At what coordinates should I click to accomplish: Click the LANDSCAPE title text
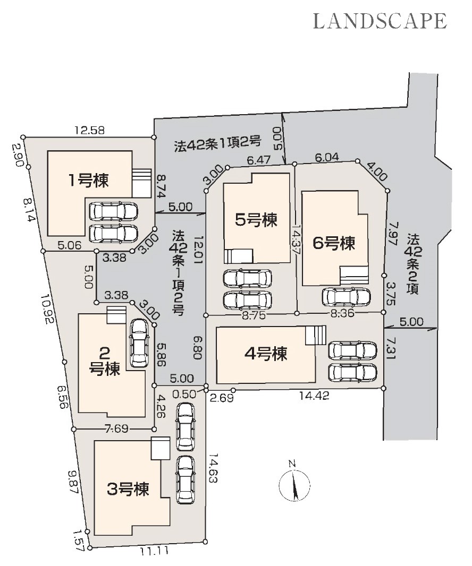tap(380, 21)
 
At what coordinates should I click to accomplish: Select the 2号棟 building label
tap(105, 361)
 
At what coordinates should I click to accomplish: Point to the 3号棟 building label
tap(128, 488)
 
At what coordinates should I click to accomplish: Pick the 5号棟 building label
tap(257, 220)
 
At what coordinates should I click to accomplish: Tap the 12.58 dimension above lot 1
tap(90, 130)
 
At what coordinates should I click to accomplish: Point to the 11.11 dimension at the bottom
tap(155, 551)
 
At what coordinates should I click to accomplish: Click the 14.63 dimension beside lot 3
tap(213, 468)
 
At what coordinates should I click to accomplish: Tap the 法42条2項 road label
tap(413, 263)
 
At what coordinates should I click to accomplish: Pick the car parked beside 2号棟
tap(139, 342)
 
